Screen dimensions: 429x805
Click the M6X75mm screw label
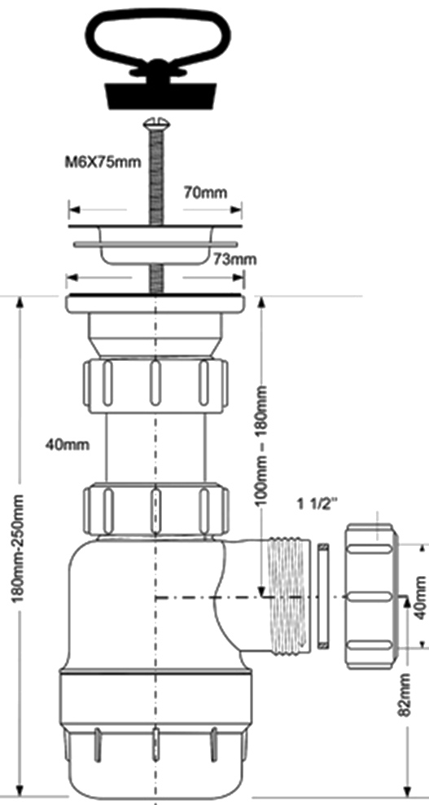pyautogui.click(x=103, y=163)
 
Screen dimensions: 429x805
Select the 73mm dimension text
pyautogui.click(x=234, y=259)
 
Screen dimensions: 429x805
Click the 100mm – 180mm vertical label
pyautogui.click(x=261, y=445)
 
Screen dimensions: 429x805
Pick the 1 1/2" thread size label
pyautogui.click(x=318, y=504)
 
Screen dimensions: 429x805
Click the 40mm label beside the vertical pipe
pyautogui.click(x=67, y=444)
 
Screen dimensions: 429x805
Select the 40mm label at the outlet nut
pyautogui.click(x=420, y=597)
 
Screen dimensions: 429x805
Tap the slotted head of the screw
pyautogui.click(x=158, y=123)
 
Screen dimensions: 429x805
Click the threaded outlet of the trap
pyautogui.click(x=289, y=596)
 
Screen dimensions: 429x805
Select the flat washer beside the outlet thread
pyautogui.click(x=323, y=596)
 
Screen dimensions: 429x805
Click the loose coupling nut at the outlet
pyautogui.click(x=371, y=596)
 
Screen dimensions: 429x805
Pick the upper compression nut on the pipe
pyautogui.click(x=155, y=385)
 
